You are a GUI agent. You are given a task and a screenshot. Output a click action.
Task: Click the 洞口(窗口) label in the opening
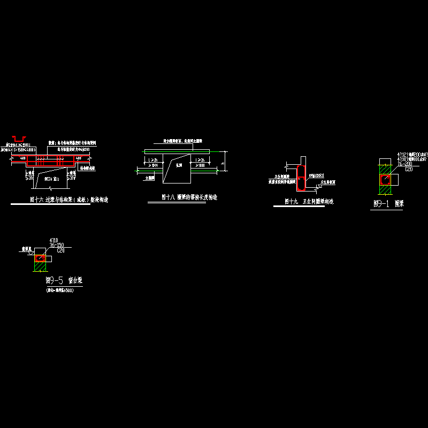click(51, 179)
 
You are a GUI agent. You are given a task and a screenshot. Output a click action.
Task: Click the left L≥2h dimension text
click(154, 160)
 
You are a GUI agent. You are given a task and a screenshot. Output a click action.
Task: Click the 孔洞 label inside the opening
click(179, 166)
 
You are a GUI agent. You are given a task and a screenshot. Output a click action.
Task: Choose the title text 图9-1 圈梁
click(387, 204)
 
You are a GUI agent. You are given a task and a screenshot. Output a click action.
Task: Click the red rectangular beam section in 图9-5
click(41, 258)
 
